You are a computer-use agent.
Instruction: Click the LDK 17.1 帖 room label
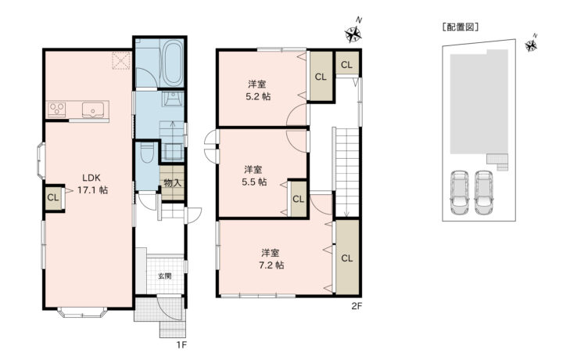(x=92, y=184)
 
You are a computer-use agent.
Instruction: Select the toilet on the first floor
(x=147, y=153)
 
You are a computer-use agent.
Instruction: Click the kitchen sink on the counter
(x=93, y=110)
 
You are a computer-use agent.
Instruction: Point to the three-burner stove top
(x=57, y=110)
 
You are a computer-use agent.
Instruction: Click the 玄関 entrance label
(x=165, y=276)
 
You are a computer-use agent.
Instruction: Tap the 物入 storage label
(x=172, y=183)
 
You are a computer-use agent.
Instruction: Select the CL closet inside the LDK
(x=53, y=197)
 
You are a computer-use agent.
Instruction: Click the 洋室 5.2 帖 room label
(x=257, y=91)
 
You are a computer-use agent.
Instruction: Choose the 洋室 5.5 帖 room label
(x=253, y=175)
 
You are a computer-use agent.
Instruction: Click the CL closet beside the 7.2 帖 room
(x=347, y=257)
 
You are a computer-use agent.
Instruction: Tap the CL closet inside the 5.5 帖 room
(x=299, y=199)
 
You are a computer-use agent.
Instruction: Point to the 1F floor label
(x=181, y=345)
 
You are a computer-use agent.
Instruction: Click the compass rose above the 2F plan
(x=353, y=34)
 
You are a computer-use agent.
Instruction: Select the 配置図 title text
(x=461, y=27)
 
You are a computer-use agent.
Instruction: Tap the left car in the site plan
(x=460, y=193)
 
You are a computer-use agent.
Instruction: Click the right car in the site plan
(x=483, y=193)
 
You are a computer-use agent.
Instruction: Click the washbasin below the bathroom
(x=173, y=99)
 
